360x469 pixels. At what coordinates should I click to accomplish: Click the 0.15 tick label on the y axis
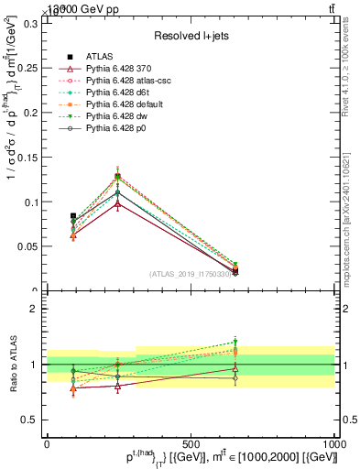click(x=28, y=158)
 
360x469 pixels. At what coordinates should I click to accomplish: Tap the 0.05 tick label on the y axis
click(x=28, y=246)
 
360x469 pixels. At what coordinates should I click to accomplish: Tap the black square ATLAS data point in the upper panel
click(x=73, y=216)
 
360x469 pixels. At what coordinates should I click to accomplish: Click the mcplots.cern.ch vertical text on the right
click(x=349, y=220)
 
